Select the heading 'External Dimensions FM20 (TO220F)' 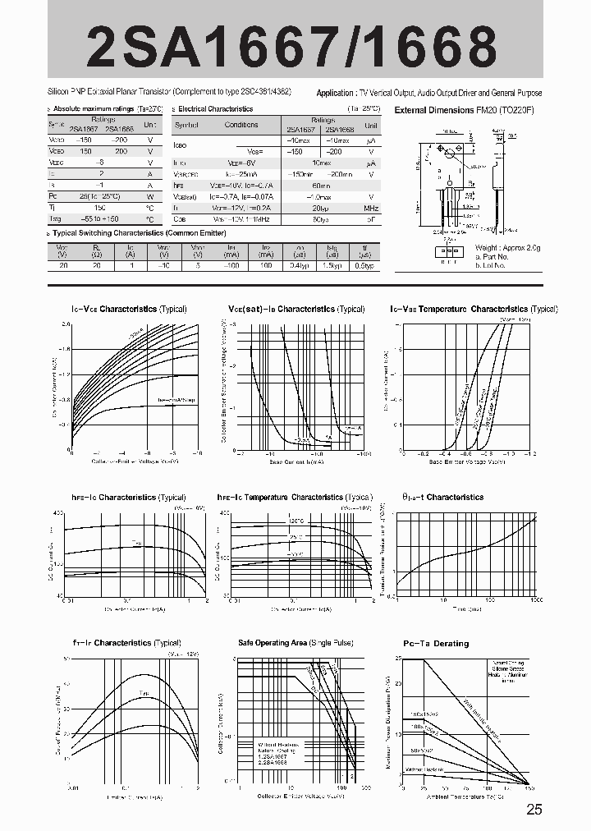point(464,109)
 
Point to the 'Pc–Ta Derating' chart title point(436,643)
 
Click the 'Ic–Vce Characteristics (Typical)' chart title point(129,309)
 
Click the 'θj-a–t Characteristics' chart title point(443,497)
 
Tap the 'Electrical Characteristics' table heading point(215,108)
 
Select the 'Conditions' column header point(241,125)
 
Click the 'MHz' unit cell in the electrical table point(371,209)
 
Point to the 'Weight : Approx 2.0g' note point(508,247)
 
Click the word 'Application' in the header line point(336,93)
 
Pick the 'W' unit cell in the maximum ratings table point(150,196)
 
